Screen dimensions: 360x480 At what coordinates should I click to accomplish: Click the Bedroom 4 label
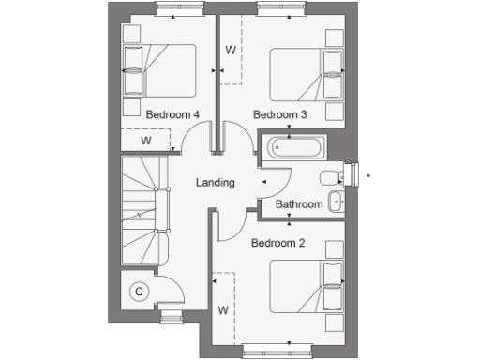click(173, 114)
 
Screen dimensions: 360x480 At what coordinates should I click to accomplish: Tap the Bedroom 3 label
click(280, 114)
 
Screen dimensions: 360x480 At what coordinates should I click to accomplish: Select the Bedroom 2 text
click(278, 243)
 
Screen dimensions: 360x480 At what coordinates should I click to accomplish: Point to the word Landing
click(215, 183)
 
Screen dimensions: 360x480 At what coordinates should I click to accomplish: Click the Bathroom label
click(299, 204)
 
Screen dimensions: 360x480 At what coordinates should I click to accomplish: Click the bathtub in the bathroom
click(294, 147)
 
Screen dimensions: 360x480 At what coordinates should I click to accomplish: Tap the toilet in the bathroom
click(331, 178)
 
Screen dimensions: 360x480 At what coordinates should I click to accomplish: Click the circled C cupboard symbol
click(139, 292)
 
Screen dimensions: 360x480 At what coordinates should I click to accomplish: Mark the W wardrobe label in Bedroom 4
click(146, 141)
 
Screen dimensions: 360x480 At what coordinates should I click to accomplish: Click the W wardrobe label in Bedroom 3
click(230, 50)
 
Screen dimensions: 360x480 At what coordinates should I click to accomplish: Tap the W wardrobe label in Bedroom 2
click(223, 309)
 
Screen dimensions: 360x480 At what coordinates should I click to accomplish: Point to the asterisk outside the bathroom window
click(368, 175)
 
